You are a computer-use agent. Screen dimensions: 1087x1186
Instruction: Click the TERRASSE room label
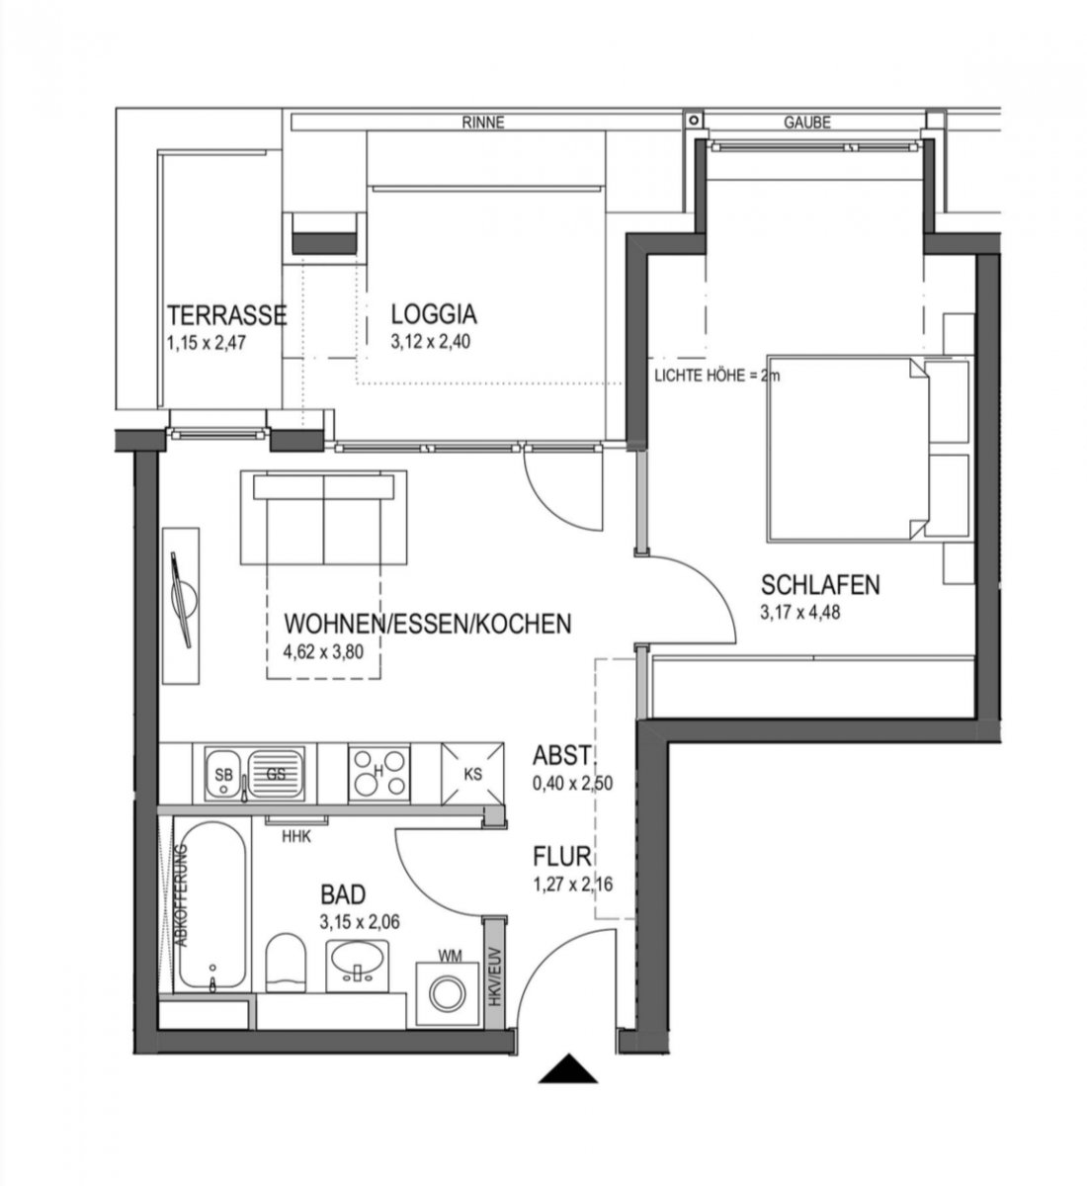226,315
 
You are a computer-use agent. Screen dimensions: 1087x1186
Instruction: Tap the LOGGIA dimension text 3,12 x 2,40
430,341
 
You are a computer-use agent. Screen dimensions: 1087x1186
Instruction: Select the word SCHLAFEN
819,585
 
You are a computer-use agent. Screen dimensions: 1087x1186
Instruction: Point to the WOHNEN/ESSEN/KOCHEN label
428,624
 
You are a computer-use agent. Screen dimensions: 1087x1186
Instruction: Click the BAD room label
343,894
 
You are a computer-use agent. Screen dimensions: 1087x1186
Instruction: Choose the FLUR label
562,856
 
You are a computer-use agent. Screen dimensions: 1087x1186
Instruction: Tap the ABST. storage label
562,755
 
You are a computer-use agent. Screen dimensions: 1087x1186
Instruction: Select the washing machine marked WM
447,994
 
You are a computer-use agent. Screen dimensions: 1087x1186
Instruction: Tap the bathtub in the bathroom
212,905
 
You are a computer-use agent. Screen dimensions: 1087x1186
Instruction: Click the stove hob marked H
378,773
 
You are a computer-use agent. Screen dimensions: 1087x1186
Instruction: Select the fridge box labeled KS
472,773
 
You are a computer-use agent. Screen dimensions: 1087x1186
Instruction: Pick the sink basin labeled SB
224,774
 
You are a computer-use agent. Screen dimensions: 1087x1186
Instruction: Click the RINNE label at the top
483,123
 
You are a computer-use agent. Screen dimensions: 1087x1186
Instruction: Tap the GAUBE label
806,123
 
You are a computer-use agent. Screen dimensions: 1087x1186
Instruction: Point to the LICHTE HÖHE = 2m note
716,376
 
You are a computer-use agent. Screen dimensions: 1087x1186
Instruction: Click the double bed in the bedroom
870,448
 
